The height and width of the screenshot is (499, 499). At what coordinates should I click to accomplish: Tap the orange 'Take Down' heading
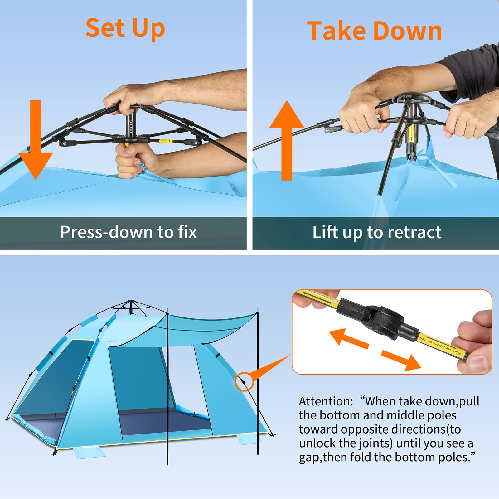click(374, 31)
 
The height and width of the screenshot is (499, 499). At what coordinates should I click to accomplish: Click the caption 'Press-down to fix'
click(128, 232)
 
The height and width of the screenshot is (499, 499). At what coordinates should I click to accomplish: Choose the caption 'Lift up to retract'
click(377, 233)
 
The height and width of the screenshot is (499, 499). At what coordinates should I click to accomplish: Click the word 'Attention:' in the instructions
click(326, 401)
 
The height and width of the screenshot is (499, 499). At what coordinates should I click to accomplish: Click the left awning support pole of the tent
click(167, 390)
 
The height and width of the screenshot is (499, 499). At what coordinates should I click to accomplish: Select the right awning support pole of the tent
click(258, 384)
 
